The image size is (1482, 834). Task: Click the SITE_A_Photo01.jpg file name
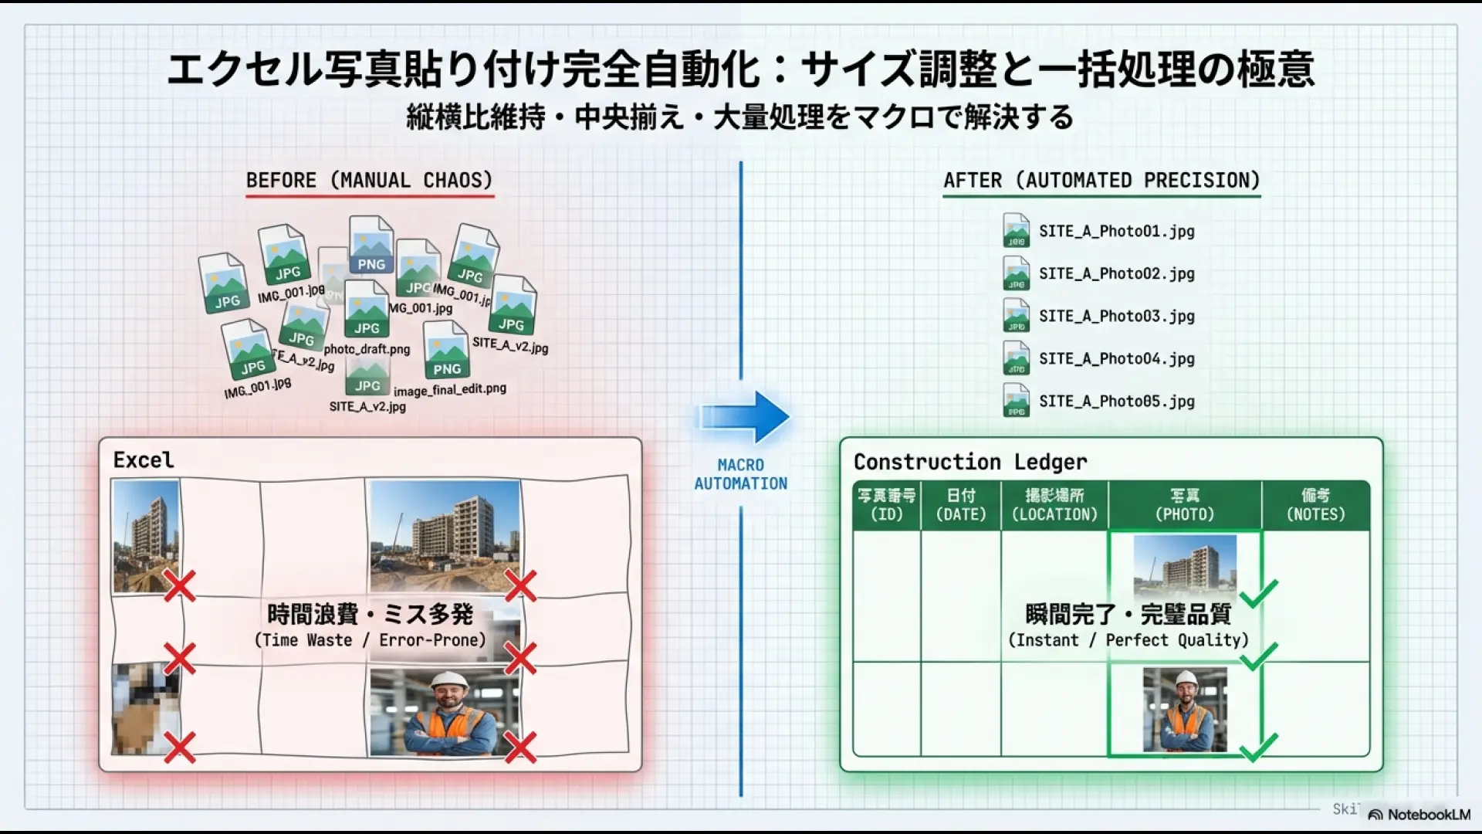1116,231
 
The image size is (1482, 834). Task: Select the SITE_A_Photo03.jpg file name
1116,316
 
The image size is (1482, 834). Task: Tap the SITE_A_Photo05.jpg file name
1116,401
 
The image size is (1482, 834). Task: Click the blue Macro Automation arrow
744,416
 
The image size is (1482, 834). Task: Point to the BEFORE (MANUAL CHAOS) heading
369,180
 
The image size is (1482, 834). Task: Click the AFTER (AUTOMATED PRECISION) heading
1101,180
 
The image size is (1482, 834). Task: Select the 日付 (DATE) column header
961,505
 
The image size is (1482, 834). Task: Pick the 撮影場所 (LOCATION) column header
1054,505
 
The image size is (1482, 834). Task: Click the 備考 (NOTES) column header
1315,505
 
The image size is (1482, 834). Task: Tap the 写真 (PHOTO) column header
1185,505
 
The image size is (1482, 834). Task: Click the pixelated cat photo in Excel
145,709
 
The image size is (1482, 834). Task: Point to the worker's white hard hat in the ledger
1185,679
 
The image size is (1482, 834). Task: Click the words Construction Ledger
969,462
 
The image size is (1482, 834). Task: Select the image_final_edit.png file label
450,389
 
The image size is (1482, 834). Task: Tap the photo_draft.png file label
367,349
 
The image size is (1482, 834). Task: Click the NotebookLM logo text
1428,815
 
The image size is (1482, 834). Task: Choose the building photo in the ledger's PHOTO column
1185,568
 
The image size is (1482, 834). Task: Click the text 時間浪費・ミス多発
370,614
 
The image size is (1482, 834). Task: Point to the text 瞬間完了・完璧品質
1128,614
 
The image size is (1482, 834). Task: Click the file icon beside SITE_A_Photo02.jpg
1016,273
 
